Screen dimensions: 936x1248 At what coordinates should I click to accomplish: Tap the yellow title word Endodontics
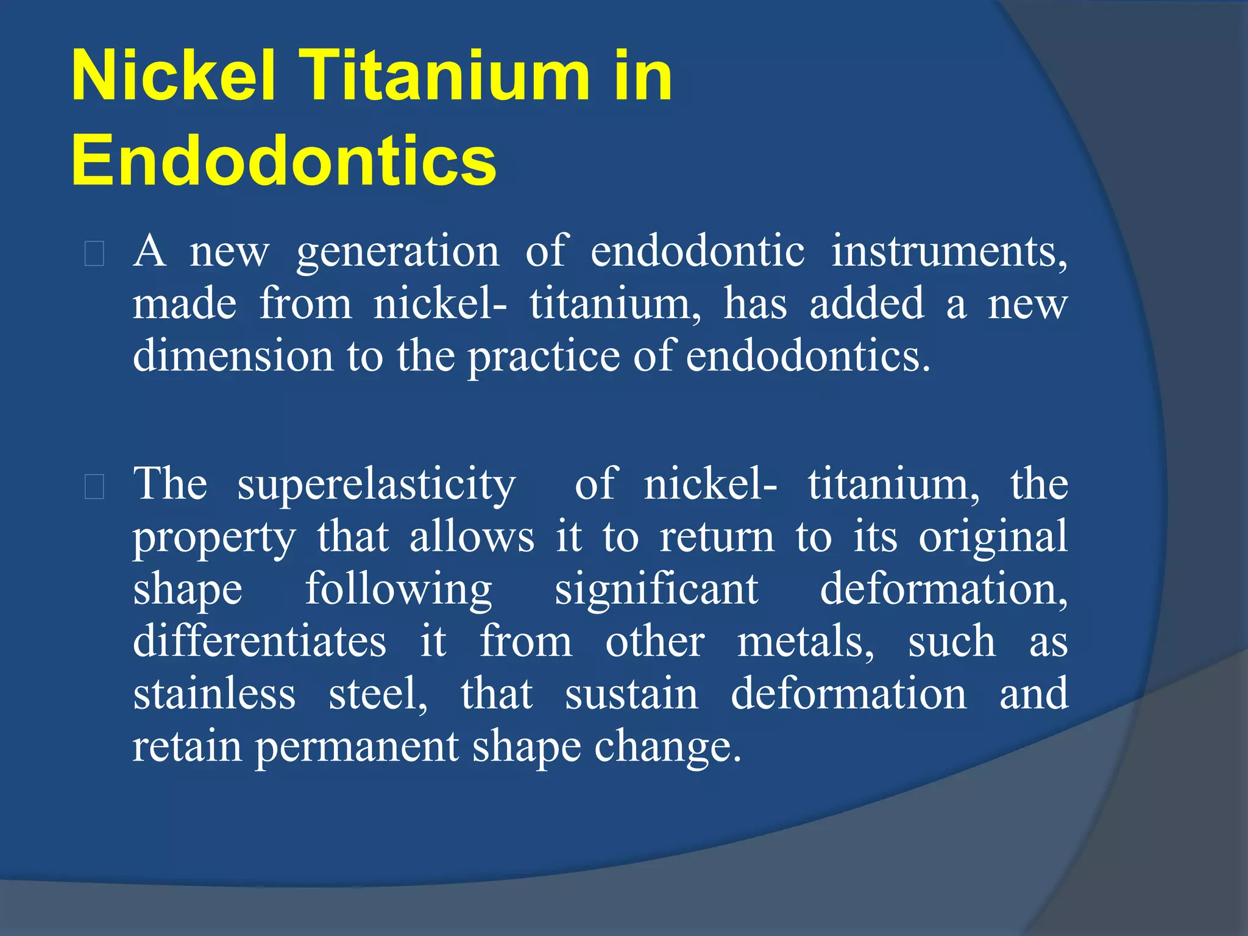(284, 160)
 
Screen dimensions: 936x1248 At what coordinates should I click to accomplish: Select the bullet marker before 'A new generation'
(94, 254)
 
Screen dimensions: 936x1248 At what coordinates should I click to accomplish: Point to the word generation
(398, 252)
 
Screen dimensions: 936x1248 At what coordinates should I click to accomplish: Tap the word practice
(544, 356)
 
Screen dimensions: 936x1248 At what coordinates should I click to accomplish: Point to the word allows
(472, 537)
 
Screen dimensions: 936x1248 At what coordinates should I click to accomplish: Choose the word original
(993, 538)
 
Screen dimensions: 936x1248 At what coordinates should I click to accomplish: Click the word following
(399, 590)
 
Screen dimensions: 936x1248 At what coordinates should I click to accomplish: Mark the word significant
(656, 589)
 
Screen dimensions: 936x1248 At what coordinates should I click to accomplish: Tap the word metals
(806, 642)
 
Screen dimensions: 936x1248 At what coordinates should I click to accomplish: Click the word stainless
(214, 694)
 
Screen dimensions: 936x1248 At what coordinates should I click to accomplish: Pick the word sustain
(631, 694)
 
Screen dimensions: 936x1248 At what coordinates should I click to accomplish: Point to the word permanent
(356, 748)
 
